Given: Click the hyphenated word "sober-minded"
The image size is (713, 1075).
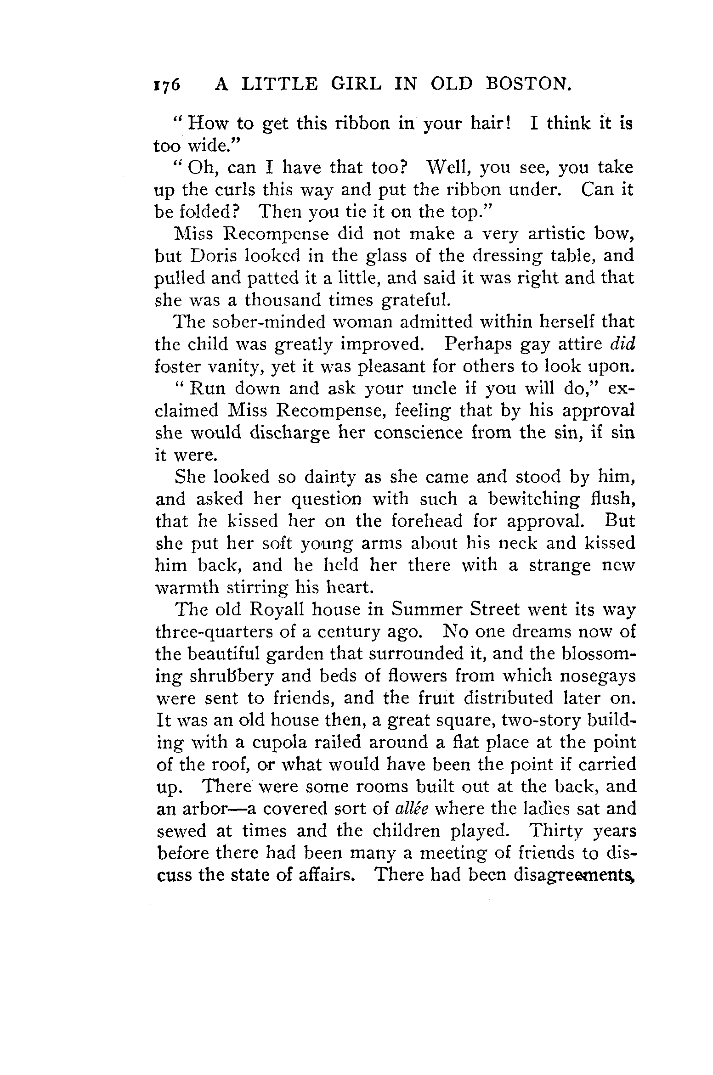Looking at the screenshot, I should tap(268, 322).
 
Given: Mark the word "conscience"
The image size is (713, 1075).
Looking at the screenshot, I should tap(418, 433).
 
